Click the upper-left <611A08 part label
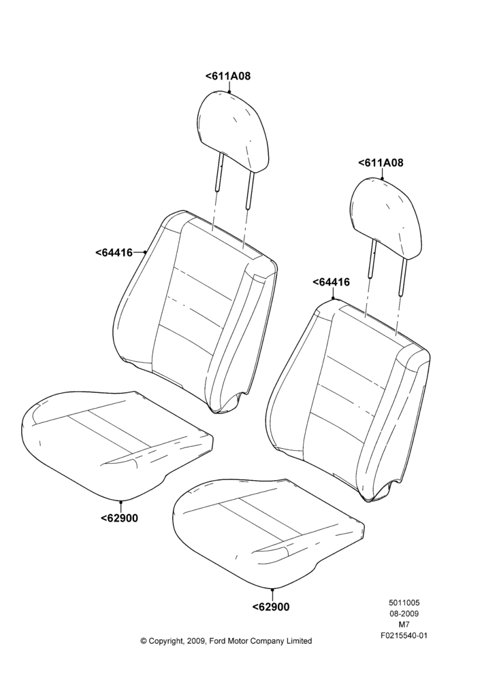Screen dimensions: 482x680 tap(228, 76)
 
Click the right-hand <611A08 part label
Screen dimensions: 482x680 tap(381, 163)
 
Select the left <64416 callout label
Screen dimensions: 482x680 tap(114, 252)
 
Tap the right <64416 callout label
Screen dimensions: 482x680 tap(331, 282)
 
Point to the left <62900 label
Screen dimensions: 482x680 tap(119, 517)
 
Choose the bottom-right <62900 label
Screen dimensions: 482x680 tap(270, 607)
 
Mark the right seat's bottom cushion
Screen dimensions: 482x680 tap(268, 534)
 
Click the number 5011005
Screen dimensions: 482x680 tap(404, 602)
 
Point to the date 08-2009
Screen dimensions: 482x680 tap(404, 613)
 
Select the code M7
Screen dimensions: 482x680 tap(404, 625)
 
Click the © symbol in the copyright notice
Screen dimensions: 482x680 tap(144, 641)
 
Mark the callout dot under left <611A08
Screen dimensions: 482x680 tap(229, 91)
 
